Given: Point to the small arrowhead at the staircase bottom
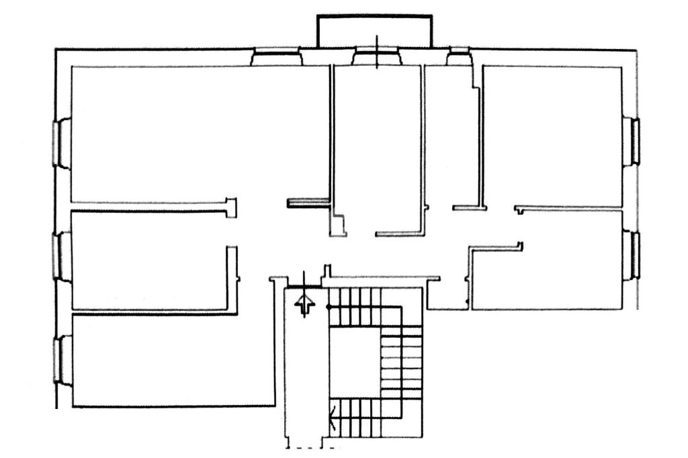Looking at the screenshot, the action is pyautogui.click(x=333, y=422).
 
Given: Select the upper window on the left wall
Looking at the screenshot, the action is pyautogui.click(x=62, y=142).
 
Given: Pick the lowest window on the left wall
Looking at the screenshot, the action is pyautogui.click(x=62, y=360).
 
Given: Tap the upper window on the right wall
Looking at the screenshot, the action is pyautogui.click(x=633, y=142).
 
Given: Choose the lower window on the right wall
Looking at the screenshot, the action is pyautogui.click(x=633, y=255).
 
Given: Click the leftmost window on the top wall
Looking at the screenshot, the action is pyautogui.click(x=276, y=58).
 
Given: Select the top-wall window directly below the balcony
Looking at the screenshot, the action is pyautogui.click(x=376, y=58).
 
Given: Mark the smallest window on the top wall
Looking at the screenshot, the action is pyautogui.click(x=459, y=56).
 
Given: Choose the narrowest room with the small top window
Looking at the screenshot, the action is pyautogui.click(x=451, y=134).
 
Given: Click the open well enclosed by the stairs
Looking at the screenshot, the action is pyautogui.click(x=353, y=359).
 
